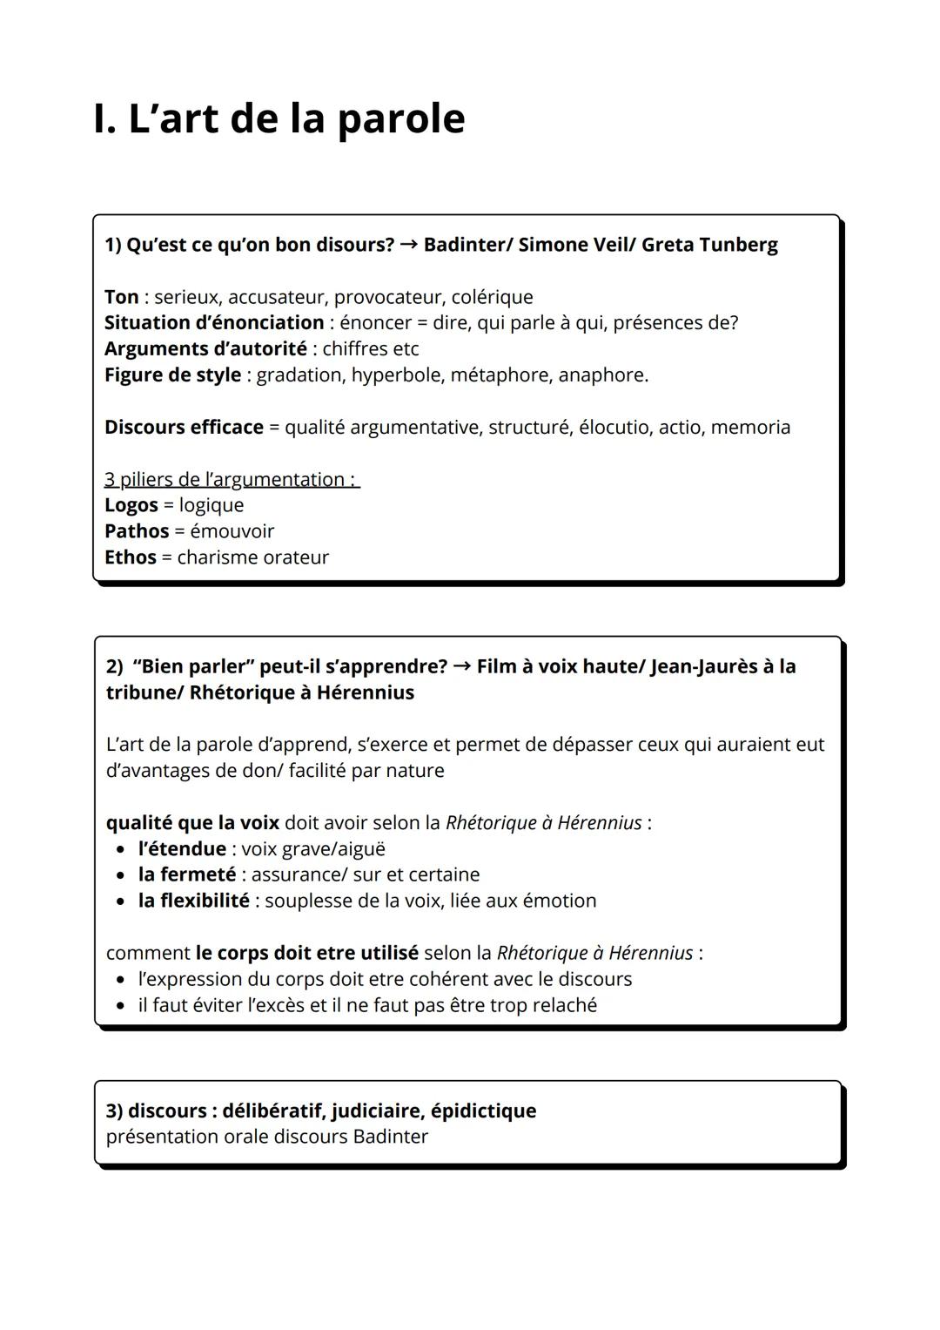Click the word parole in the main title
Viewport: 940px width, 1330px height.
coord(400,119)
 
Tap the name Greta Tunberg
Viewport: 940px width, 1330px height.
coord(709,245)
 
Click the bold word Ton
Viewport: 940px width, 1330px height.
coord(121,297)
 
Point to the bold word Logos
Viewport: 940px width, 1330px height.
coord(131,505)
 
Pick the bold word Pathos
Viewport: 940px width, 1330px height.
coord(136,531)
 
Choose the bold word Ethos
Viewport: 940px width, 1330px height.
coord(130,557)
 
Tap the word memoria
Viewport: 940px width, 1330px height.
coord(750,428)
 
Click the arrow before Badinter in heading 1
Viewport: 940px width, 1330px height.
coord(408,245)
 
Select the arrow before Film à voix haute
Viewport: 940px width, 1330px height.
coord(461,666)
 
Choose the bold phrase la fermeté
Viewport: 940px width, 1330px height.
coord(186,874)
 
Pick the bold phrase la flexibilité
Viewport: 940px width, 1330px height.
coord(193,901)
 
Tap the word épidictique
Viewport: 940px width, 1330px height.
coord(483,1111)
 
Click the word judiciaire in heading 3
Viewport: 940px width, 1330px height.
coord(377,1111)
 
